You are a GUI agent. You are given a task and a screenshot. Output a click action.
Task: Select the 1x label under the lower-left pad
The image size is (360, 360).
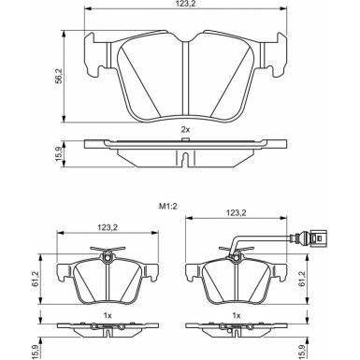(x=108, y=316)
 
